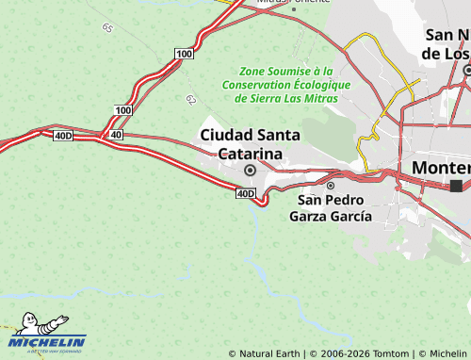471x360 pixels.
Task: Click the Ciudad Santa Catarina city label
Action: pyautogui.click(x=250, y=144)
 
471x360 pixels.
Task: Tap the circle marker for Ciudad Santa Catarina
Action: pyautogui.click(x=250, y=171)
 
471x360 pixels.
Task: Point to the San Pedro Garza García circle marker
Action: pyautogui.click(x=331, y=186)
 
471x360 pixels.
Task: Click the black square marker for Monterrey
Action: pyautogui.click(x=457, y=186)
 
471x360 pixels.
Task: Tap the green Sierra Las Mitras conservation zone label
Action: pyautogui.click(x=286, y=84)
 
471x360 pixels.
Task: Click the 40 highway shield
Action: pyautogui.click(x=116, y=136)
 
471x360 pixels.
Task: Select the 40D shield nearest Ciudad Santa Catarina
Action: pyautogui.click(x=245, y=194)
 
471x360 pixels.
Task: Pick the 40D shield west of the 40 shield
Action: pyautogui.click(x=63, y=136)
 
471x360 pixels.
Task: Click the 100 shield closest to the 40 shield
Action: pyautogui.click(x=123, y=110)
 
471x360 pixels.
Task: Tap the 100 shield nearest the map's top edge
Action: pyautogui.click(x=184, y=54)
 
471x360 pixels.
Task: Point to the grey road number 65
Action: pyautogui.click(x=107, y=28)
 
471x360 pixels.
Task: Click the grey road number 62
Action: pyautogui.click(x=191, y=99)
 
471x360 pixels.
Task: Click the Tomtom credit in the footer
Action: pyautogui.click(x=386, y=353)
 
